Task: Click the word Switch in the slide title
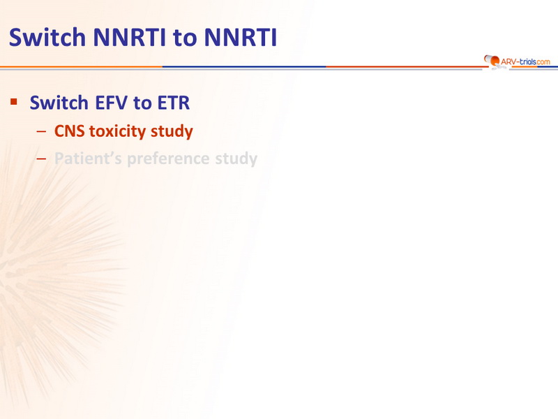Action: (x=47, y=37)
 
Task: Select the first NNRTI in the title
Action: (x=129, y=37)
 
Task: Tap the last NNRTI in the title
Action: (x=241, y=37)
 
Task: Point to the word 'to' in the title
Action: (x=185, y=38)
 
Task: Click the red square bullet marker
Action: (x=14, y=102)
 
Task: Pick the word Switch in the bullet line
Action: (x=59, y=103)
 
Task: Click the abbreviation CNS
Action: (x=69, y=131)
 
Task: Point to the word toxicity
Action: (x=117, y=131)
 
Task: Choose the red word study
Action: (x=172, y=131)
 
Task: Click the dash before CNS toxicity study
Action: (x=41, y=131)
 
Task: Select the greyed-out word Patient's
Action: (x=89, y=159)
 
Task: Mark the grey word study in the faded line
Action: (x=236, y=159)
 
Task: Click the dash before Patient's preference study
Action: (x=41, y=159)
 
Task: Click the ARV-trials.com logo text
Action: (x=525, y=61)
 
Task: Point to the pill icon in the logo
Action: (x=492, y=61)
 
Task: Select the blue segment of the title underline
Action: (x=244, y=66)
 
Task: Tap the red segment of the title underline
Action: (x=405, y=66)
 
